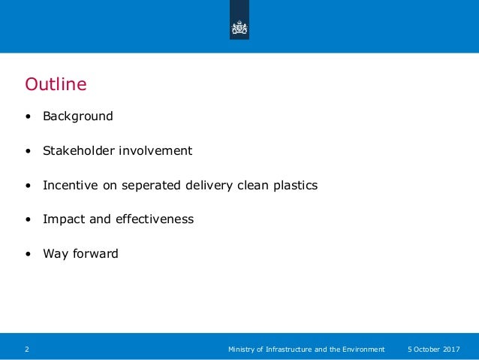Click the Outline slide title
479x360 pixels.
point(56,83)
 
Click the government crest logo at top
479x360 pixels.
point(239,28)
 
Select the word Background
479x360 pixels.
point(77,116)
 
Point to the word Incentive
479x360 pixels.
point(70,185)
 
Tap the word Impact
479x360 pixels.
point(62,219)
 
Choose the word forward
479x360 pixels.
point(95,253)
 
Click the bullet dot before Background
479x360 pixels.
point(28,117)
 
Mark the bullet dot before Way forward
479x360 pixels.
point(28,254)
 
